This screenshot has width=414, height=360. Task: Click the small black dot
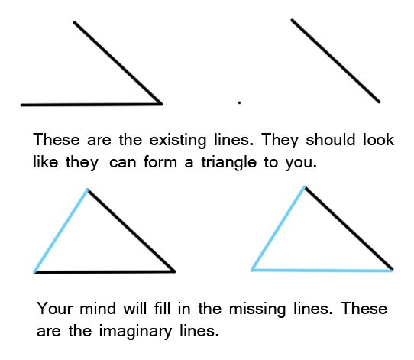[x=240, y=102]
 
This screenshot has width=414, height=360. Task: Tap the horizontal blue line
[x=322, y=270]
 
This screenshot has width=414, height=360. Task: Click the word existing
[x=178, y=140]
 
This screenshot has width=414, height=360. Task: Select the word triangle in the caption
[x=229, y=162]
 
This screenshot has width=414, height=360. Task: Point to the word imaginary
[x=135, y=331]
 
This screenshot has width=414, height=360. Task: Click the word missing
[x=257, y=309]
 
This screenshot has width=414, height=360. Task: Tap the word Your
[x=55, y=308]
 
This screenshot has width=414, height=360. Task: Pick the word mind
[x=98, y=308]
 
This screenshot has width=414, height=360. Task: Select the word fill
[x=162, y=308]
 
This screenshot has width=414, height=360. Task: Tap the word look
[x=378, y=139]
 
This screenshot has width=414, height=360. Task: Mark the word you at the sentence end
[x=301, y=163]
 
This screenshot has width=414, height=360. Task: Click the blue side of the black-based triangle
[x=61, y=230]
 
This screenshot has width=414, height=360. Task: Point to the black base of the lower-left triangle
[x=105, y=272]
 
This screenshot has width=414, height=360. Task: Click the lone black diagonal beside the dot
[x=335, y=60]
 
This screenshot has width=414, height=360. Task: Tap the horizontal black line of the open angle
[x=92, y=105]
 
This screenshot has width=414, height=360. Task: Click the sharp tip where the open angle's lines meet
[x=162, y=104]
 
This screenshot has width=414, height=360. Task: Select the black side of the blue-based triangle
[x=349, y=229]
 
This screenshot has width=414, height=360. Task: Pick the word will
[x=135, y=308]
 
